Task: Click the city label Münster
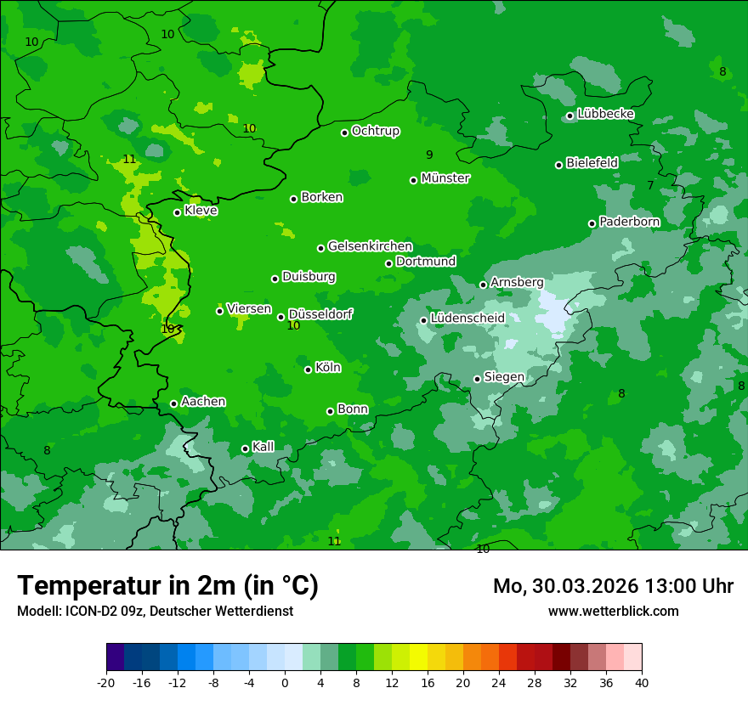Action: click(445, 178)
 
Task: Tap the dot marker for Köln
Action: click(308, 369)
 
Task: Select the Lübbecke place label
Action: click(605, 114)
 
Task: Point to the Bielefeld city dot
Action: click(558, 165)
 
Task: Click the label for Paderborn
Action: click(629, 222)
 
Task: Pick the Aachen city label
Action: click(203, 402)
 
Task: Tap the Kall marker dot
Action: click(245, 448)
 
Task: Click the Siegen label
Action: click(504, 377)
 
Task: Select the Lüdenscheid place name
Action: click(467, 319)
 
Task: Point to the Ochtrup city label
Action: click(375, 131)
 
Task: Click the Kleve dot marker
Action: click(177, 212)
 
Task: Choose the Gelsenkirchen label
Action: click(370, 246)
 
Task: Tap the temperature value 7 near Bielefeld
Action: click(650, 185)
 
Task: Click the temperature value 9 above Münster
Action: click(429, 155)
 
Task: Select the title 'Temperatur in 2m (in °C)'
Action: click(167, 585)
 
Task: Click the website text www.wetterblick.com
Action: click(613, 612)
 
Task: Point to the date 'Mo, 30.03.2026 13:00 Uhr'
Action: click(613, 586)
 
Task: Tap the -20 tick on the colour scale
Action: click(106, 683)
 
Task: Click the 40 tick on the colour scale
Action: click(641, 683)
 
